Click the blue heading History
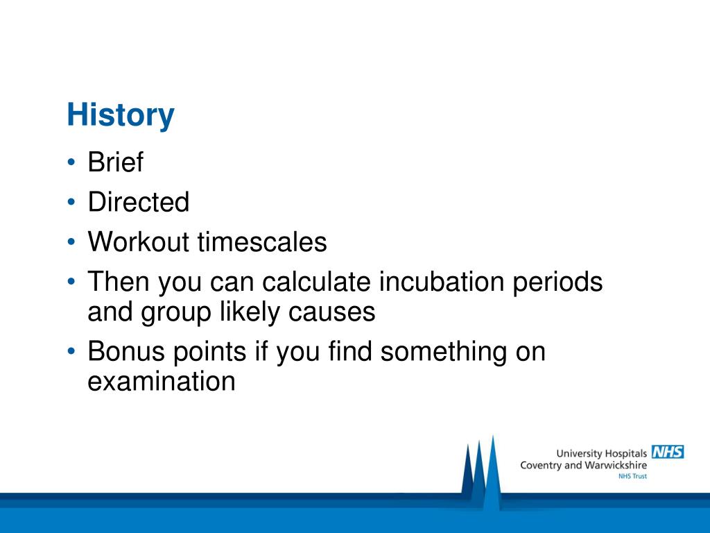tap(121, 115)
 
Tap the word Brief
tap(116, 162)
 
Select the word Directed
tap(139, 202)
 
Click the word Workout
tap(138, 242)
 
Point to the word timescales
tap(262, 242)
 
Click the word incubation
tap(442, 282)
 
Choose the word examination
tap(162, 381)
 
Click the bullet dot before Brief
tap(71, 162)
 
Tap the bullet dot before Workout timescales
tap(71, 242)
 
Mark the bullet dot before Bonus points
tap(71, 351)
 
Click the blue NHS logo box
tap(668, 452)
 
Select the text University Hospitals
tap(601, 454)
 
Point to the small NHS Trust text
tap(632, 476)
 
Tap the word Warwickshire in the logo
tap(616, 465)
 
